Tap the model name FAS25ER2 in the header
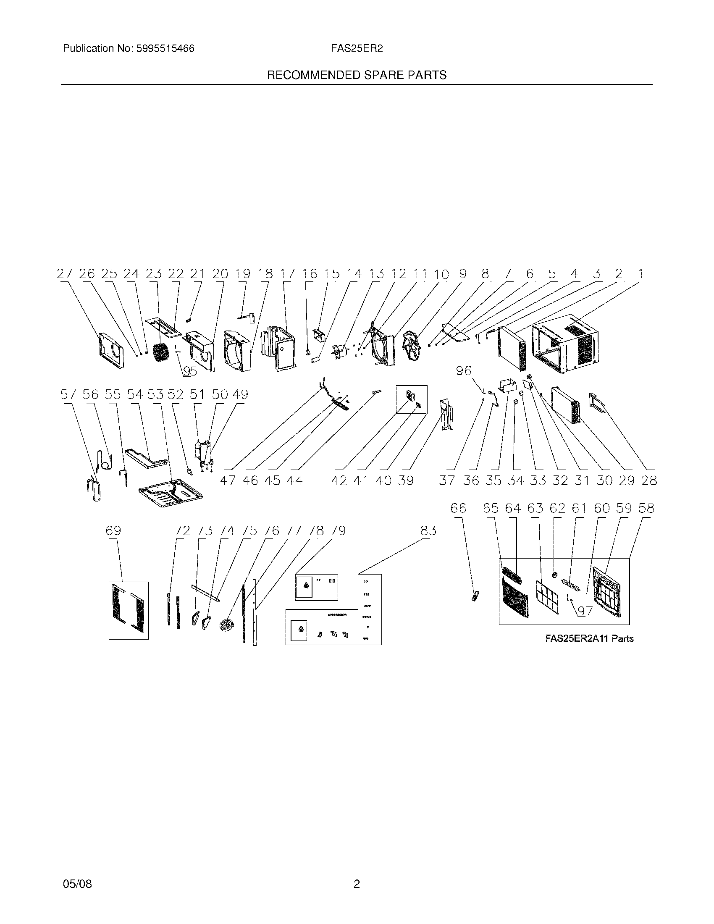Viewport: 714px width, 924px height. [357, 49]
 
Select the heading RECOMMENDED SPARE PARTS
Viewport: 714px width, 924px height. [357, 75]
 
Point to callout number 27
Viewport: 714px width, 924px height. [65, 274]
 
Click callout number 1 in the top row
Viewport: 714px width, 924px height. [641, 274]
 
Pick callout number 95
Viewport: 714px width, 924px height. [190, 371]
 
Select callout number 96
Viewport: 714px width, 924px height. [464, 371]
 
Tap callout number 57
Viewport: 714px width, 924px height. [68, 395]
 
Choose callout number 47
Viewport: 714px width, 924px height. [228, 480]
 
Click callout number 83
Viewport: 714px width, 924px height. [428, 530]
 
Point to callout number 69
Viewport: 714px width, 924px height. [113, 530]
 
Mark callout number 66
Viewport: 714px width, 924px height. [458, 508]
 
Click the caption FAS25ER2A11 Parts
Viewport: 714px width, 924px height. [589, 638]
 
